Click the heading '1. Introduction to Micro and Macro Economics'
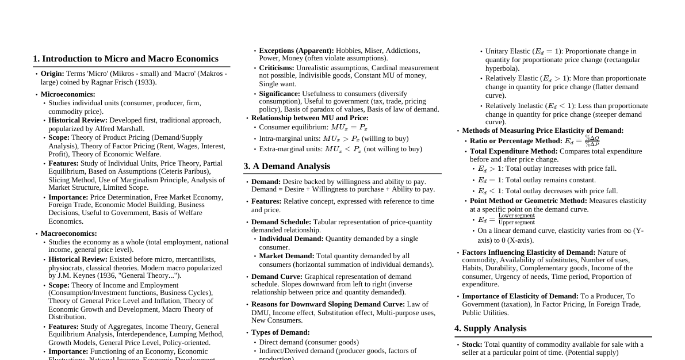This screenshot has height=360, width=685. [x=125, y=59]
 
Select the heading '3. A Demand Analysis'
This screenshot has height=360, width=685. [x=286, y=166]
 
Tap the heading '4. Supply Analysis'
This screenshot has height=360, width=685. [x=490, y=328]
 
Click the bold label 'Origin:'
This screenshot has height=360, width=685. [x=52, y=74]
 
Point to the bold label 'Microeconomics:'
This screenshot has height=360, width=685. [x=68, y=94]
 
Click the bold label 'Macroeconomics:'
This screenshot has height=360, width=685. [x=68, y=233]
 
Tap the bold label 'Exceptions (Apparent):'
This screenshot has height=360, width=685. [x=296, y=51]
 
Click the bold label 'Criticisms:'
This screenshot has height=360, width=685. [x=277, y=68]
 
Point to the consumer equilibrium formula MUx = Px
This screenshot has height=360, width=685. [x=349, y=128]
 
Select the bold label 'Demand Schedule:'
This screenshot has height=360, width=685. [x=281, y=222]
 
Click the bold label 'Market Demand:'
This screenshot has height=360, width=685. [x=286, y=256]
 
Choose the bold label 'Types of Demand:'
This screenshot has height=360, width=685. [x=280, y=332]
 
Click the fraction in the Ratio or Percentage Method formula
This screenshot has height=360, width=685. [x=592, y=141]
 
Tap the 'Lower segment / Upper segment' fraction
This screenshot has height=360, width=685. [x=516, y=219]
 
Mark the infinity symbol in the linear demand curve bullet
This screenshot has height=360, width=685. [x=627, y=231]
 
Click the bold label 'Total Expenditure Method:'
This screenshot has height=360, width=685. [x=514, y=151]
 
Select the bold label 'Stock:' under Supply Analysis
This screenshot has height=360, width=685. [x=472, y=344]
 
